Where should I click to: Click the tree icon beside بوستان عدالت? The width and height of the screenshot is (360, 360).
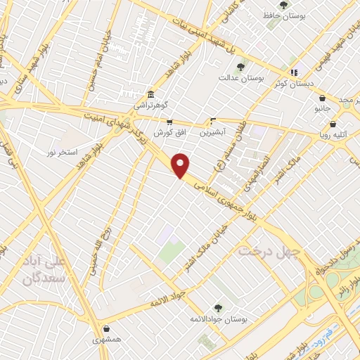click(241, 67)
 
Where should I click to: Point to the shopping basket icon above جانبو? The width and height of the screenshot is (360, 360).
click(322, 98)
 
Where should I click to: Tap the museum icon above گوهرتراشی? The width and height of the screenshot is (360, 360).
click(150, 94)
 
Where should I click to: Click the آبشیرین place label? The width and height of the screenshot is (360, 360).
click(210, 131)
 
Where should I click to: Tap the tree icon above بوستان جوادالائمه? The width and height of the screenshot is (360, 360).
click(217, 308)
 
